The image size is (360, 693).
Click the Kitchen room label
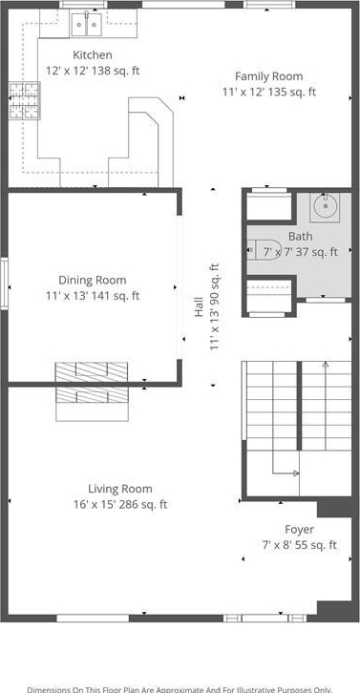(x=93, y=55)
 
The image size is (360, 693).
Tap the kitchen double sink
(x=87, y=24)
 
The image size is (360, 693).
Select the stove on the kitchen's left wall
(x=24, y=101)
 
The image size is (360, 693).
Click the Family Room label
(x=269, y=76)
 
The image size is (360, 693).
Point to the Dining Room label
(x=93, y=281)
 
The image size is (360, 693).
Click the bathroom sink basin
(x=324, y=206)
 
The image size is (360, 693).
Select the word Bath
(x=300, y=237)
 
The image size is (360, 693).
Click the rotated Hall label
(x=199, y=306)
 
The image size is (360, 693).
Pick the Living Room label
(x=120, y=489)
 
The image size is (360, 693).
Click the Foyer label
(x=300, y=530)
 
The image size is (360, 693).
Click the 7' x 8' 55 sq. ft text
(x=300, y=545)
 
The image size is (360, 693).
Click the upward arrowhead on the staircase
(x=326, y=365)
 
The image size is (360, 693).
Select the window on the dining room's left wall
(x=4, y=283)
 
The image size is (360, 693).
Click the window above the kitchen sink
(x=84, y=5)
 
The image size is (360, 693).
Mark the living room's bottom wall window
(x=93, y=618)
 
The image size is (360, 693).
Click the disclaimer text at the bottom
(x=180, y=689)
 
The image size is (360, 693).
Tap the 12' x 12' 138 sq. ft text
(x=93, y=71)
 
